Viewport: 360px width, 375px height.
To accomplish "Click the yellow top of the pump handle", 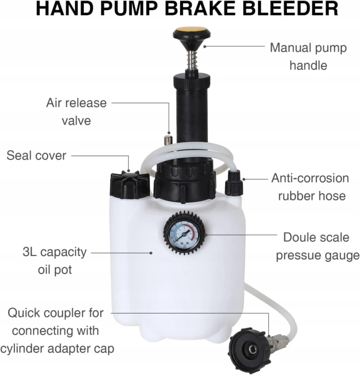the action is tap(192, 31).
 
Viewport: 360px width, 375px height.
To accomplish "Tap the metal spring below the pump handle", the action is tap(191, 60).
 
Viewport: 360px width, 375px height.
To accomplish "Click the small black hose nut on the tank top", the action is tap(234, 183).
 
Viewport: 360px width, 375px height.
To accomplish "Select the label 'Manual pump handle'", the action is tap(308, 56).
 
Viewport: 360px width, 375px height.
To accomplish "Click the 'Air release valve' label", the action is tap(76, 112).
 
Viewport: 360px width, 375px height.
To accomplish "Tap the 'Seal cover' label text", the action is tap(37, 156).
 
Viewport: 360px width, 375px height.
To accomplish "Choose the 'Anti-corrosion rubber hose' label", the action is tap(310, 187).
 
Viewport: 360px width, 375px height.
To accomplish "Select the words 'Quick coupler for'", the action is tap(55, 313).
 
